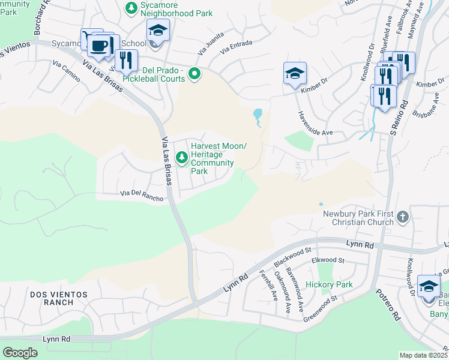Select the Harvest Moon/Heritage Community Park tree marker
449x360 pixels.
click(182, 158)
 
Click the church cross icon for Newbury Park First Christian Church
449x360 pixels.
click(402, 217)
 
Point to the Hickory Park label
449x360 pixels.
click(329, 284)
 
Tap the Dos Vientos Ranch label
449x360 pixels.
click(58, 298)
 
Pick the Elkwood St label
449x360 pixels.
click(328, 261)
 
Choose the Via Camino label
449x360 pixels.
click(67, 69)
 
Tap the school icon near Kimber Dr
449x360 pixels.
click(295, 74)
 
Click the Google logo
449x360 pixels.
click(20, 352)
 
